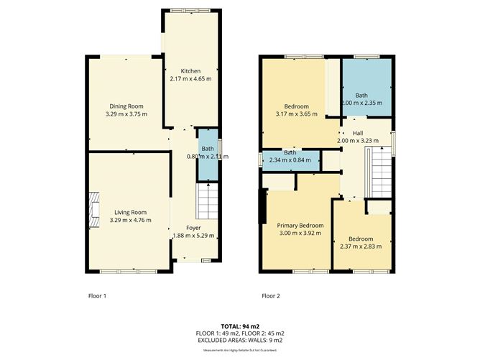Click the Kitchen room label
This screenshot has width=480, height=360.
click(190, 71)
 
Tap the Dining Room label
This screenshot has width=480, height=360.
click(126, 106)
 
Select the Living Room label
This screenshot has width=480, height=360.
click(130, 212)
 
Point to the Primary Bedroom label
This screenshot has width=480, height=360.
click(300, 226)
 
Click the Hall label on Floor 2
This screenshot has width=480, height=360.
click(357, 133)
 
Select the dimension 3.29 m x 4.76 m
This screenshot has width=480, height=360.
click(130, 220)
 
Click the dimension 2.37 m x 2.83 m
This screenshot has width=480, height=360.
click(361, 246)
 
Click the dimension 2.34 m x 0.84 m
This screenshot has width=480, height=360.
click(290, 160)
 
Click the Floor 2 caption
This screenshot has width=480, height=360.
click(271, 295)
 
